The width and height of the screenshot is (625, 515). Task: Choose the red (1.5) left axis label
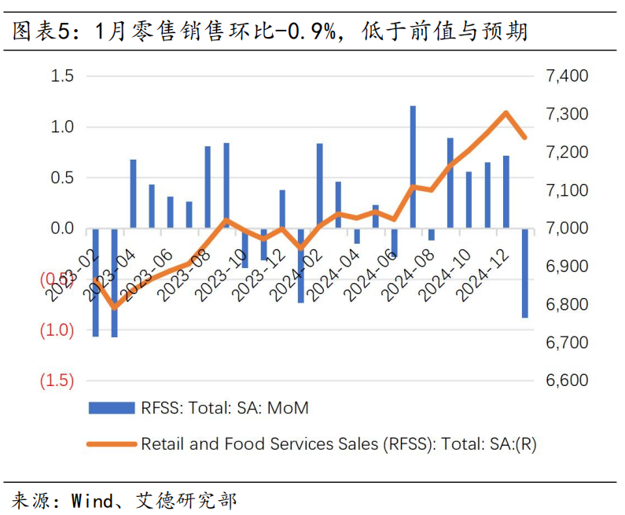tap(57, 381)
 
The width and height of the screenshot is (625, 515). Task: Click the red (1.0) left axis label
tap(57, 329)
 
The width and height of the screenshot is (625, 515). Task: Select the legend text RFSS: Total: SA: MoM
tap(225, 408)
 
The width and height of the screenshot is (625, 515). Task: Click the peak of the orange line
tap(506, 112)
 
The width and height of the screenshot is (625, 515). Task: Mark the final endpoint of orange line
tap(525, 138)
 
